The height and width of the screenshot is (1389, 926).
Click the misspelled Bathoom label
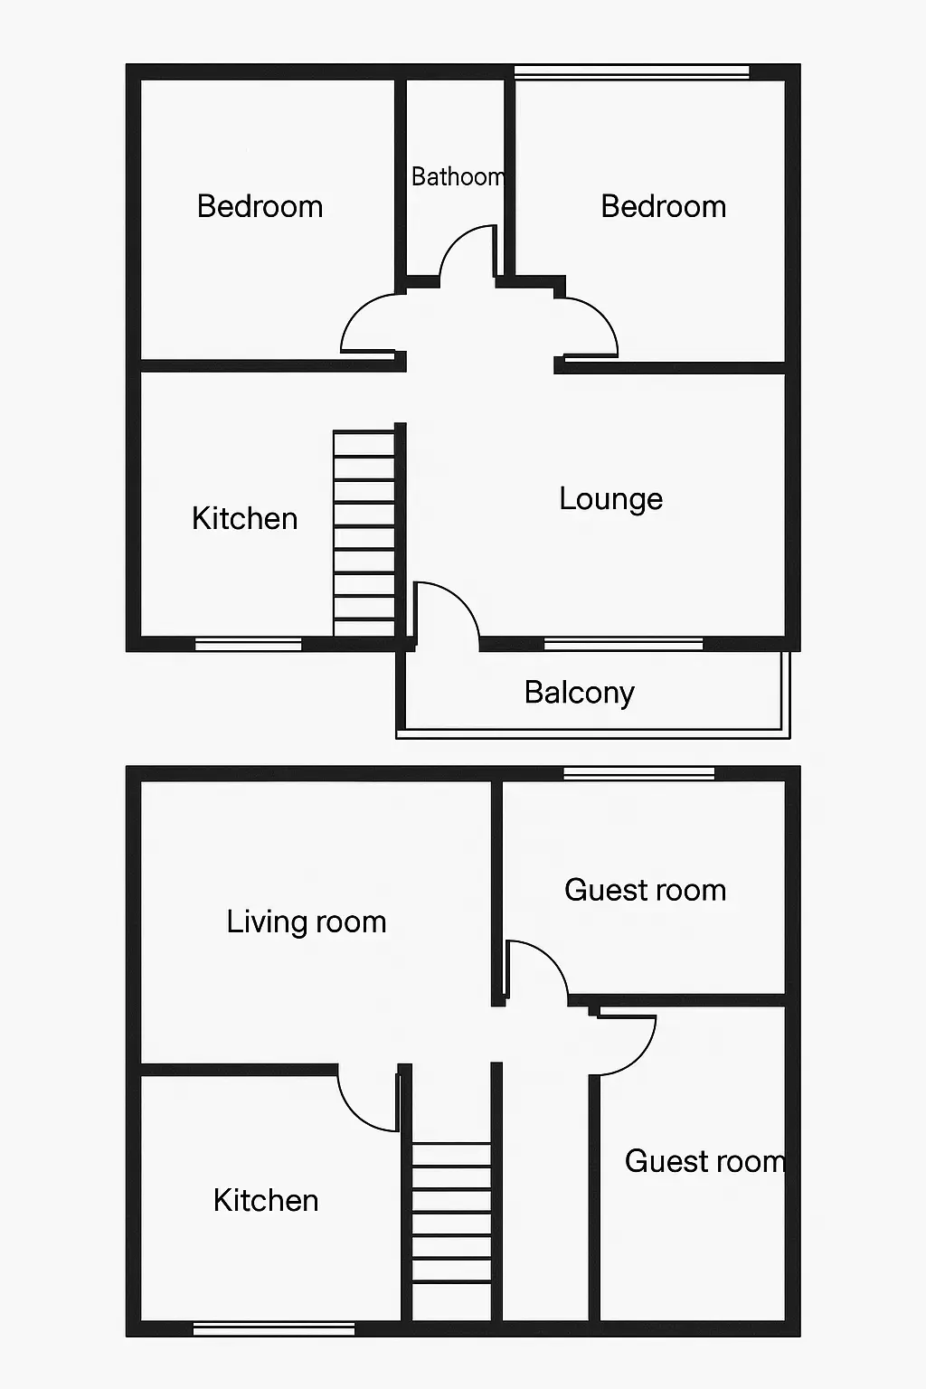458,176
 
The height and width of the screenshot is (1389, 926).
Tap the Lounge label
611,499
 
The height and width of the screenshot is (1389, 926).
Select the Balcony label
580,693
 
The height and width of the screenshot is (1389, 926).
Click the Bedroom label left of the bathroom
260,206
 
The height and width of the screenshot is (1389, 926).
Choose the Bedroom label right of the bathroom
664,206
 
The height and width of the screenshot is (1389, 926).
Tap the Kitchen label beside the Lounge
245,518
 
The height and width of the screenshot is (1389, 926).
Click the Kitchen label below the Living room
266,1200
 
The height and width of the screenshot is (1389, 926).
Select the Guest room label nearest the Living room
645,890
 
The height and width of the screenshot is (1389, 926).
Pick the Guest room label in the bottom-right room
705,1161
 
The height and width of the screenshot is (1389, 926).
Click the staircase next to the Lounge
364,534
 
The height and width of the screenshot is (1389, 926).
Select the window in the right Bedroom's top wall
631,71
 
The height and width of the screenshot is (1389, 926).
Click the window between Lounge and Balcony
623,644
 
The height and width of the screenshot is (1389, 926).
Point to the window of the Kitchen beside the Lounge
248,644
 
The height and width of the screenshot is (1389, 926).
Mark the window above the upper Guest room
638,773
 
